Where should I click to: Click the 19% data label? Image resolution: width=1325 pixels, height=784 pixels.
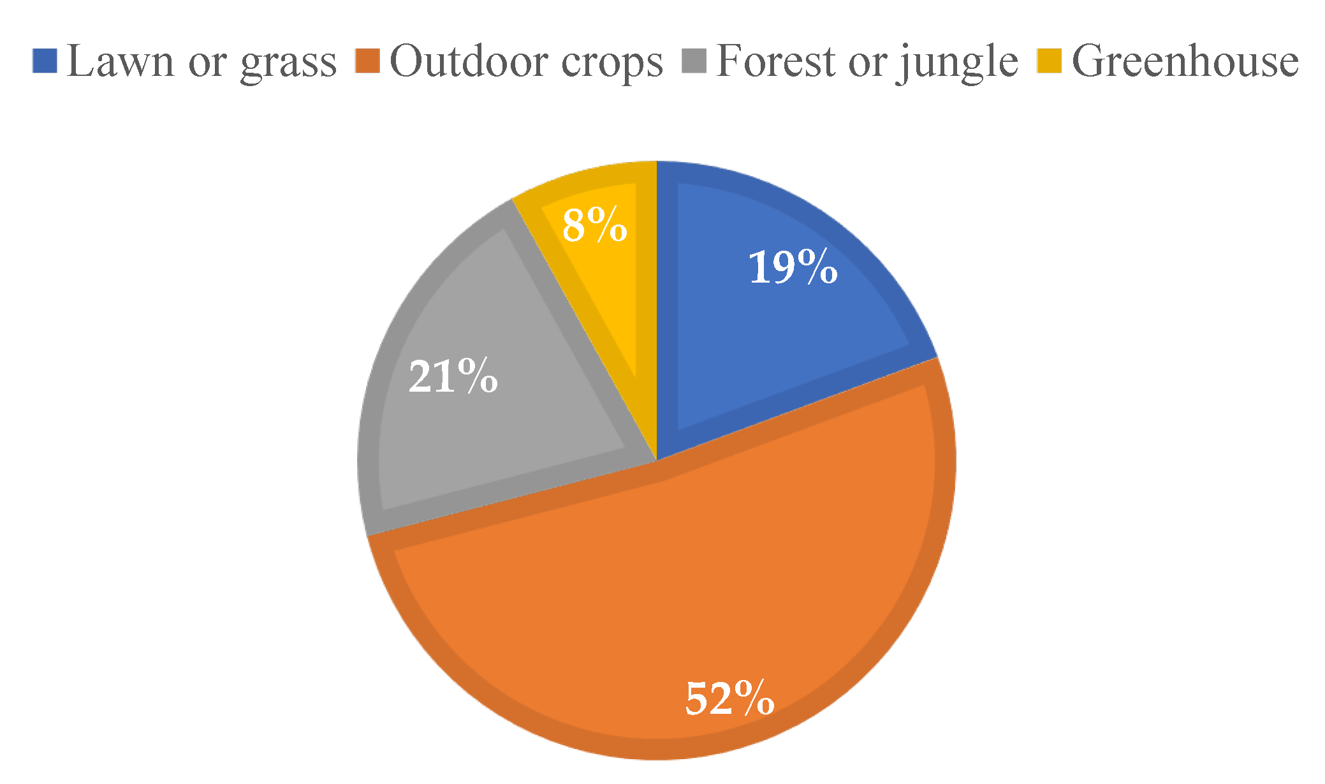click(x=793, y=267)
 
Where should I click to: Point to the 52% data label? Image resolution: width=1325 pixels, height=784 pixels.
click(x=729, y=698)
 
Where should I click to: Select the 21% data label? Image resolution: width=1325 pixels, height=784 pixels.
click(x=453, y=376)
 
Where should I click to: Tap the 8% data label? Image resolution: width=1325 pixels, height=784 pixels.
click(x=594, y=225)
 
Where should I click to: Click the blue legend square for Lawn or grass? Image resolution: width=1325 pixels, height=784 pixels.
click(x=45, y=61)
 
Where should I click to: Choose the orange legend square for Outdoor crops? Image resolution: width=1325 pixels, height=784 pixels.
click(x=367, y=61)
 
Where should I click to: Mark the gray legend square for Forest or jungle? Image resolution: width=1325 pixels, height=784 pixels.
click(x=694, y=61)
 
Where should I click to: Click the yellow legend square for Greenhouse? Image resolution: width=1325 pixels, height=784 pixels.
click(x=1049, y=61)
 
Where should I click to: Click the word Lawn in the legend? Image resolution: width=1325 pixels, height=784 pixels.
click(x=120, y=61)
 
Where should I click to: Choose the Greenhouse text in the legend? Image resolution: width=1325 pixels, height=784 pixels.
click(x=1185, y=61)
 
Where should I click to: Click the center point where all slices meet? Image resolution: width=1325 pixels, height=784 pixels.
click(x=657, y=461)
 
